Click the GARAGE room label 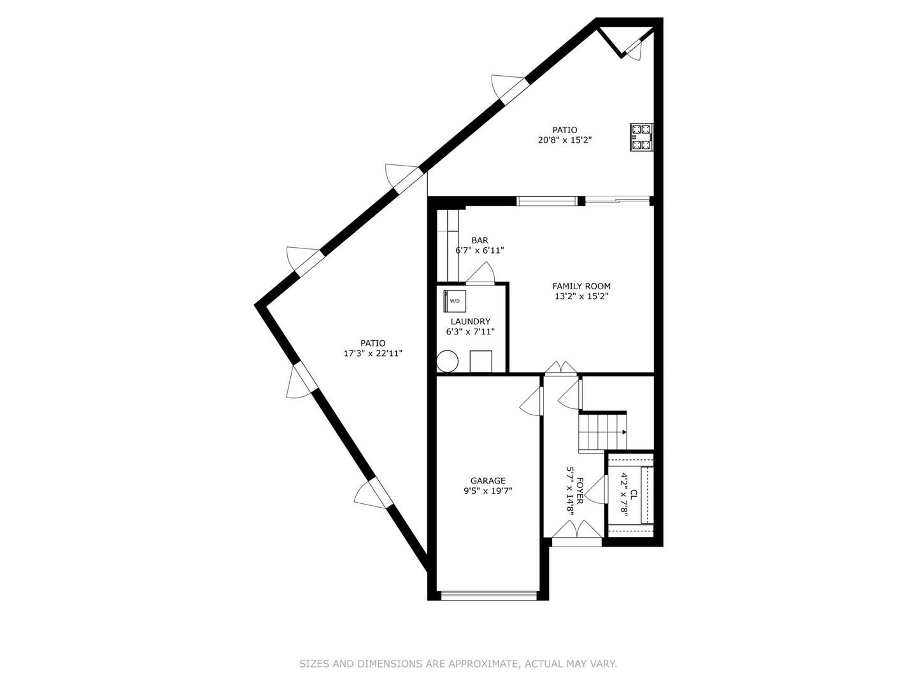pyautogui.click(x=488, y=481)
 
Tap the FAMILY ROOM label pyautogui.click(x=581, y=286)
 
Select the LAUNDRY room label pyautogui.click(x=470, y=322)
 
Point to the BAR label pyautogui.click(x=480, y=240)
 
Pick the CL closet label pyautogui.click(x=634, y=494)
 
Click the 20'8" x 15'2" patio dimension pyautogui.click(x=565, y=140)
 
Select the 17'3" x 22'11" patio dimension pyautogui.click(x=373, y=354)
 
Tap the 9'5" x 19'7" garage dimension pyautogui.click(x=488, y=491)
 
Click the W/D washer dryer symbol pyautogui.click(x=455, y=301)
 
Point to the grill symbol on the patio pyautogui.click(x=641, y=137)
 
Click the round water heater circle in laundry pyautogui.click(x=448, y=361)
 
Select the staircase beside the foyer pyautogui.click(x=602, y=432)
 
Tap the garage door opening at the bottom pyautogui.click(x=488, y=596)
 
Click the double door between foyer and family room pyautogui.click(x=560, y=369)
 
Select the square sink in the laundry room pyautogui.click(x=481, y=361)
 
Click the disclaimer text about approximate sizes pyautogui.click(x=458, y=664)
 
